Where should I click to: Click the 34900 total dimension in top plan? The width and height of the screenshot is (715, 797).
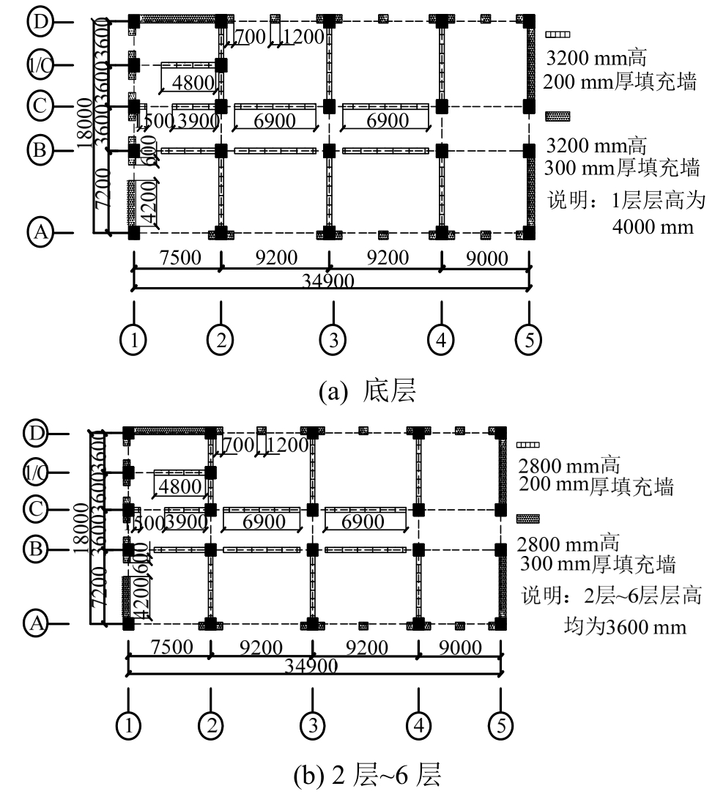[332, 282]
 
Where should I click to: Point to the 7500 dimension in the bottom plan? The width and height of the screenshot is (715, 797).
[169, 648]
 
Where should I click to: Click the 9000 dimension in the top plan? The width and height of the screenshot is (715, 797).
[484, 258]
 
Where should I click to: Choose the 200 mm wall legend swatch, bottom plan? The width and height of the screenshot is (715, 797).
[527, 445]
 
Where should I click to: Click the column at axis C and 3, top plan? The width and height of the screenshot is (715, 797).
[329, 107]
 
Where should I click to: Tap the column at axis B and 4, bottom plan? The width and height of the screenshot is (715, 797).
[418, 549]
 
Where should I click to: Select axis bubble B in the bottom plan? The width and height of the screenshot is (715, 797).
[39, 549]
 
